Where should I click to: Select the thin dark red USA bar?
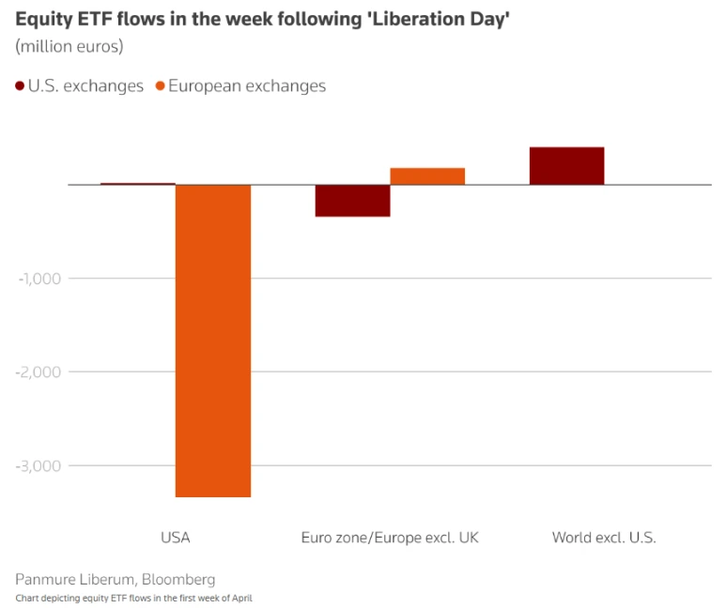tap(138, 184)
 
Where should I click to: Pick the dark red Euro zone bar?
tap(352, 201)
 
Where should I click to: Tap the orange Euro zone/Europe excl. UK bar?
tap(427, 176)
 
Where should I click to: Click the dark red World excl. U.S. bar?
tap(566, 166)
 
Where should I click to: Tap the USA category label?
tap(176, 538)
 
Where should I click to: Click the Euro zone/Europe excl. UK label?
tap(390, 538)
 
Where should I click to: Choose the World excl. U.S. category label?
tap(604, 538)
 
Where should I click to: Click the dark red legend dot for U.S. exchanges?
tap(20, 86)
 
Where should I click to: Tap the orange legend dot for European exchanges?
tap(161, 86)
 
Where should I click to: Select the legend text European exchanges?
tap(247, 86)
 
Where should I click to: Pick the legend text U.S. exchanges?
tap(86, 86)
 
